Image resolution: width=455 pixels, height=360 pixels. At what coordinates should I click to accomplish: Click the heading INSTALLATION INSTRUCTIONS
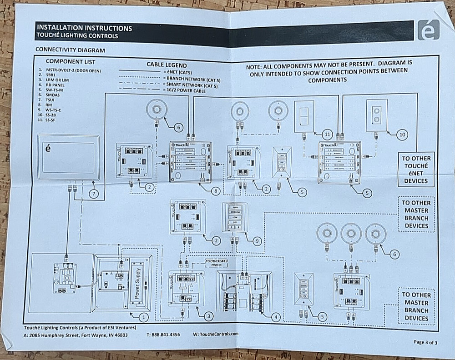(84, 28)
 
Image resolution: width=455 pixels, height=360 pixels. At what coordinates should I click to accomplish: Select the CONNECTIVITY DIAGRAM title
(70, 50)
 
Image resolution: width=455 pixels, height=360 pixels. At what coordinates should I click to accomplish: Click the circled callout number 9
(257, 241)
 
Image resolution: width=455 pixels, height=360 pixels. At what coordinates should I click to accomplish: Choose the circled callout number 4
(275, 317)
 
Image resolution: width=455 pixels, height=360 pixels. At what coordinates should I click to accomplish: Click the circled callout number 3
(208, 315)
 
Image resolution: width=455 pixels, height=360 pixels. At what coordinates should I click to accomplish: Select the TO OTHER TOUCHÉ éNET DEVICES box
(416, 170)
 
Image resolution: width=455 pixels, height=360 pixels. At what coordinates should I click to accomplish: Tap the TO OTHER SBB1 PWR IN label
(217, 263)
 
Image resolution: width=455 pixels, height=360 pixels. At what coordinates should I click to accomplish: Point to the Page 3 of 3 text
(425, 342)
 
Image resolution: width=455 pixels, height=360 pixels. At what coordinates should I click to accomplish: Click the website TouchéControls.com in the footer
(216, 334)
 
